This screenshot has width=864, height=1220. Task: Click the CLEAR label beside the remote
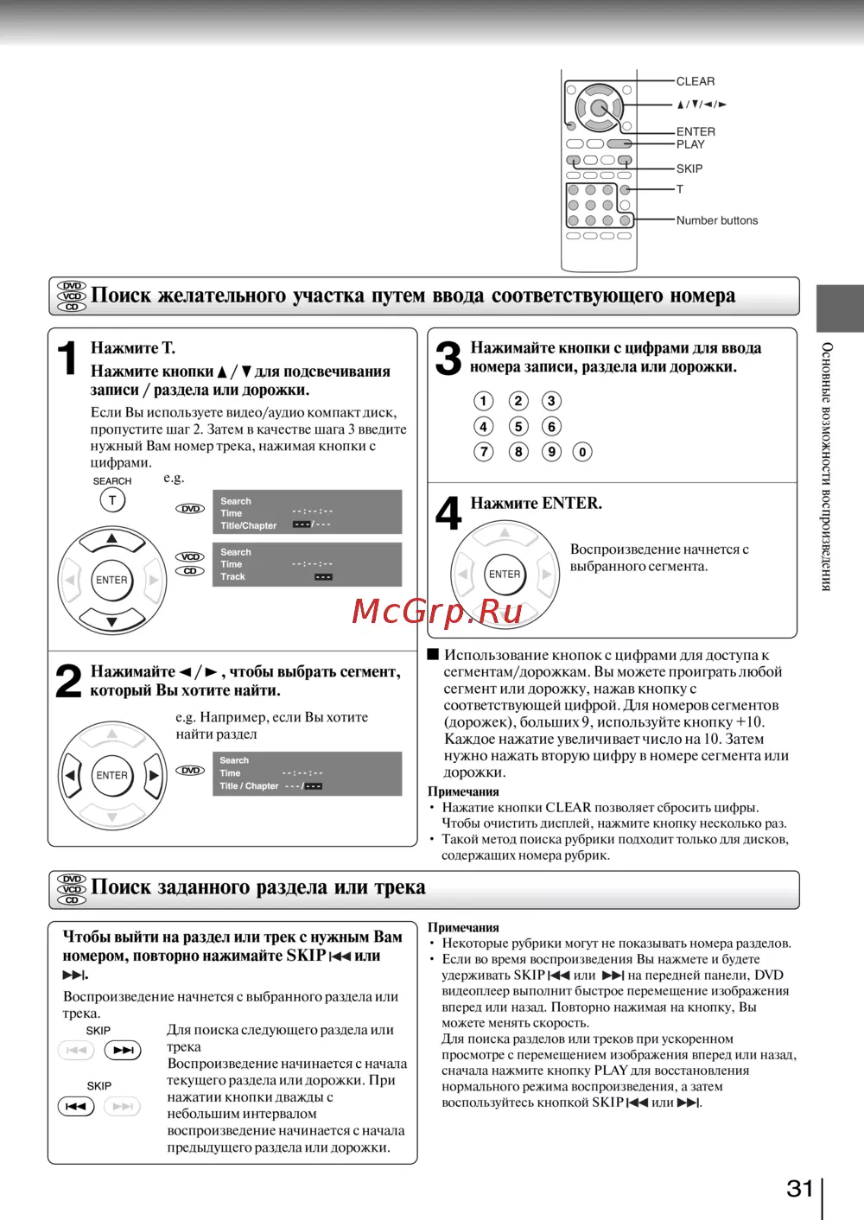tap(695, 81)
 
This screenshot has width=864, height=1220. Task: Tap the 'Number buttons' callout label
tap(716, 220)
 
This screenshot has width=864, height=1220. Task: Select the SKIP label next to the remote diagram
tap(689, 168)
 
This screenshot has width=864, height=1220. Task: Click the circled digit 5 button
tap(518, 426)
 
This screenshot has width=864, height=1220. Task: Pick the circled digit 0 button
tap(582, 452)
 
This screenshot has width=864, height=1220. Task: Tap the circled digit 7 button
tap(484, 452)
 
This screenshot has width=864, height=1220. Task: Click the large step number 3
tap(448, 358)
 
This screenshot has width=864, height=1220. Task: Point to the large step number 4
tap(448, 513)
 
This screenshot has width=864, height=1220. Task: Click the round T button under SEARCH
tap(112, 500)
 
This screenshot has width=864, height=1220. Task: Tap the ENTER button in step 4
tap(505, 575)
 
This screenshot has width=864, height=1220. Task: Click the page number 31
tap(800, 1189)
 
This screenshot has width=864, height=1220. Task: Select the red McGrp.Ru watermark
tap(437, 612)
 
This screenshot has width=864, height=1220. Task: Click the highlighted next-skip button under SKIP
tap(123, 1050)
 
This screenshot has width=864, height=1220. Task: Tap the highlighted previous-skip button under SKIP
tap(76, 1106)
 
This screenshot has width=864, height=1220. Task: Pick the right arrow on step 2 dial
tap(153, 775)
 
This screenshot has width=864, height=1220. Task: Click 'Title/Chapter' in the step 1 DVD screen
tap(248, 525)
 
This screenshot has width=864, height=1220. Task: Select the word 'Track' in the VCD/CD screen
tap(232, 576)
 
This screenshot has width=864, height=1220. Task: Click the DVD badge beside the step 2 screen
tap(191, 770)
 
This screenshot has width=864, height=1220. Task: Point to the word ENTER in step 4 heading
tap(571, 503)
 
